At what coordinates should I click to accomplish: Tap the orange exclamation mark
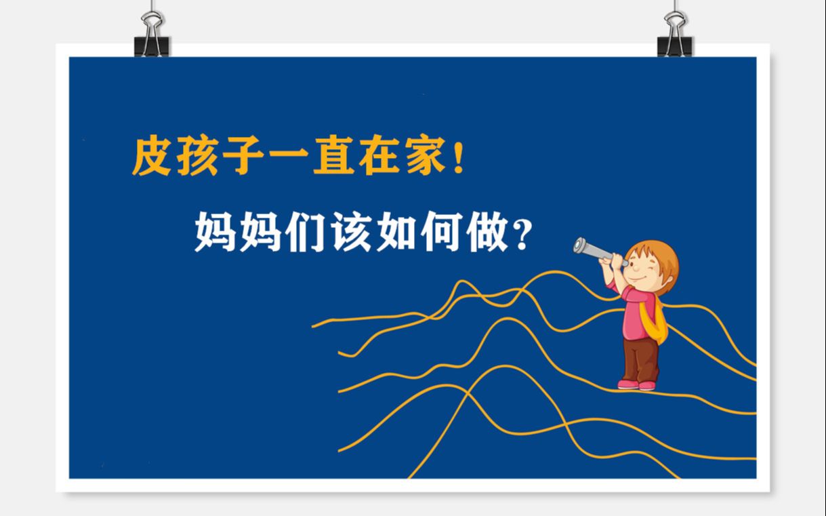(x=459, y=157)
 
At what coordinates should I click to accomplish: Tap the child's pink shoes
(x=637, y=384)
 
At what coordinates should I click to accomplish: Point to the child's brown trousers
(x=640, y=357)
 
